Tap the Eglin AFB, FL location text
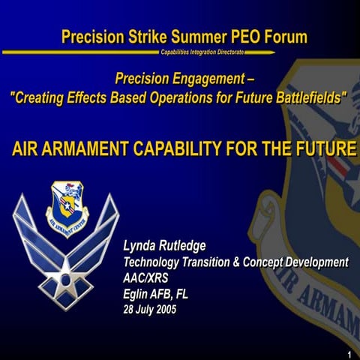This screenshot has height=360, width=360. (156, 293)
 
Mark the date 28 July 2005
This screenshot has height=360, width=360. (150, 309)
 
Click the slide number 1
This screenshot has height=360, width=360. (350, 353)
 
